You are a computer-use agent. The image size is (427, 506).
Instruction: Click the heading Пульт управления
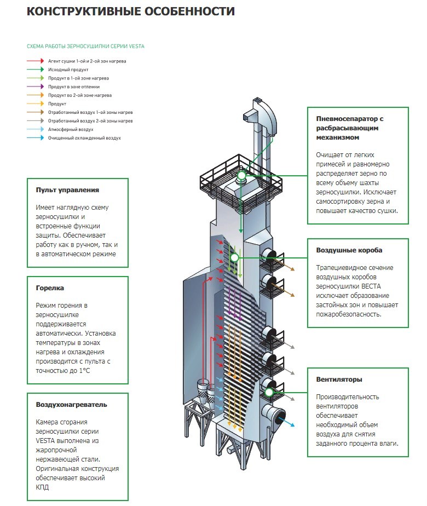pos(67,190)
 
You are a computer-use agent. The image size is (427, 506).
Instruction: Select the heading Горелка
pos(50,288)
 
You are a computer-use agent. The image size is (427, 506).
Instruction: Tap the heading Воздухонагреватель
pos(71,405)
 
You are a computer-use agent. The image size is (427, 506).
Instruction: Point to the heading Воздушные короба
pos(349,250)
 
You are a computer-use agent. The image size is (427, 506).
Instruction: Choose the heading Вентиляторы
pos(339,380)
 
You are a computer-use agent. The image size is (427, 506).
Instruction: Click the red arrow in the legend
pos(36,61)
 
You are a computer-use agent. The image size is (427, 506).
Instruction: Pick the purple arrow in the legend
pos(36,87)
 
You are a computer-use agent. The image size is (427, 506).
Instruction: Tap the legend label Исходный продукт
pos(68,70)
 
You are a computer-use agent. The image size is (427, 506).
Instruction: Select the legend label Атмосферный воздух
pos(71,129)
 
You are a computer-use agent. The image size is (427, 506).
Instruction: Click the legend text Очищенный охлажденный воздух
pos(84,138)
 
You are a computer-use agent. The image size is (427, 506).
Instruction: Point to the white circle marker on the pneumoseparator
pos(241,176)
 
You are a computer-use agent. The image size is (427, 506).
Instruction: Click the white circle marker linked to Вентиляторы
pos(269,393)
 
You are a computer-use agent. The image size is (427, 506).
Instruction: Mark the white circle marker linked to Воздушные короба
pos(234,257)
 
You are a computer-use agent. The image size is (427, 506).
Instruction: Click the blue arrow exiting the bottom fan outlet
pos(286,422)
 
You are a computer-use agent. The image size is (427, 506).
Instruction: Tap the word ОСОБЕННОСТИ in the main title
pos(189,12)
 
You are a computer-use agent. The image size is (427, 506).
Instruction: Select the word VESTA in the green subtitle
pos(137,47)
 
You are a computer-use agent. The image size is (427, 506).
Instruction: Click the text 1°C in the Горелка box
pos(84,370)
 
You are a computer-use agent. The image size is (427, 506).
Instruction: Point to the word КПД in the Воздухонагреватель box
pos(42,487)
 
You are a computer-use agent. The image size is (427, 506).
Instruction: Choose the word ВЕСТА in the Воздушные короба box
pos(370,286)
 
